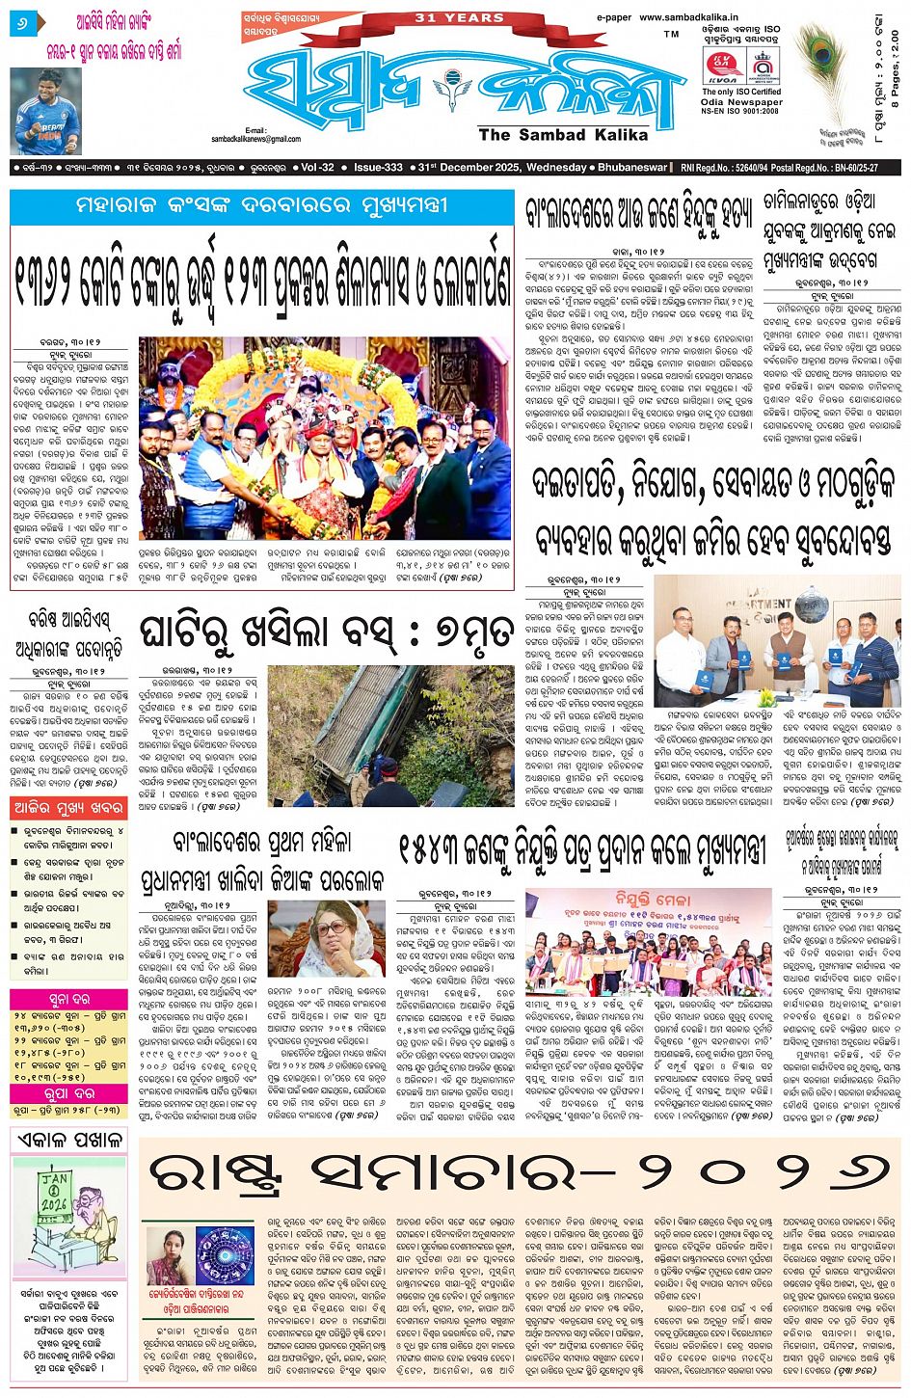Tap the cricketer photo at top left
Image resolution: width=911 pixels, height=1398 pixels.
46,111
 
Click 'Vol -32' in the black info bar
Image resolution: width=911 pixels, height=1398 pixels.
317,168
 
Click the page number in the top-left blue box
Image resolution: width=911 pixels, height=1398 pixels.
22,21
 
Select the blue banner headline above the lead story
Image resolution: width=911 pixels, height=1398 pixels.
262,206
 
